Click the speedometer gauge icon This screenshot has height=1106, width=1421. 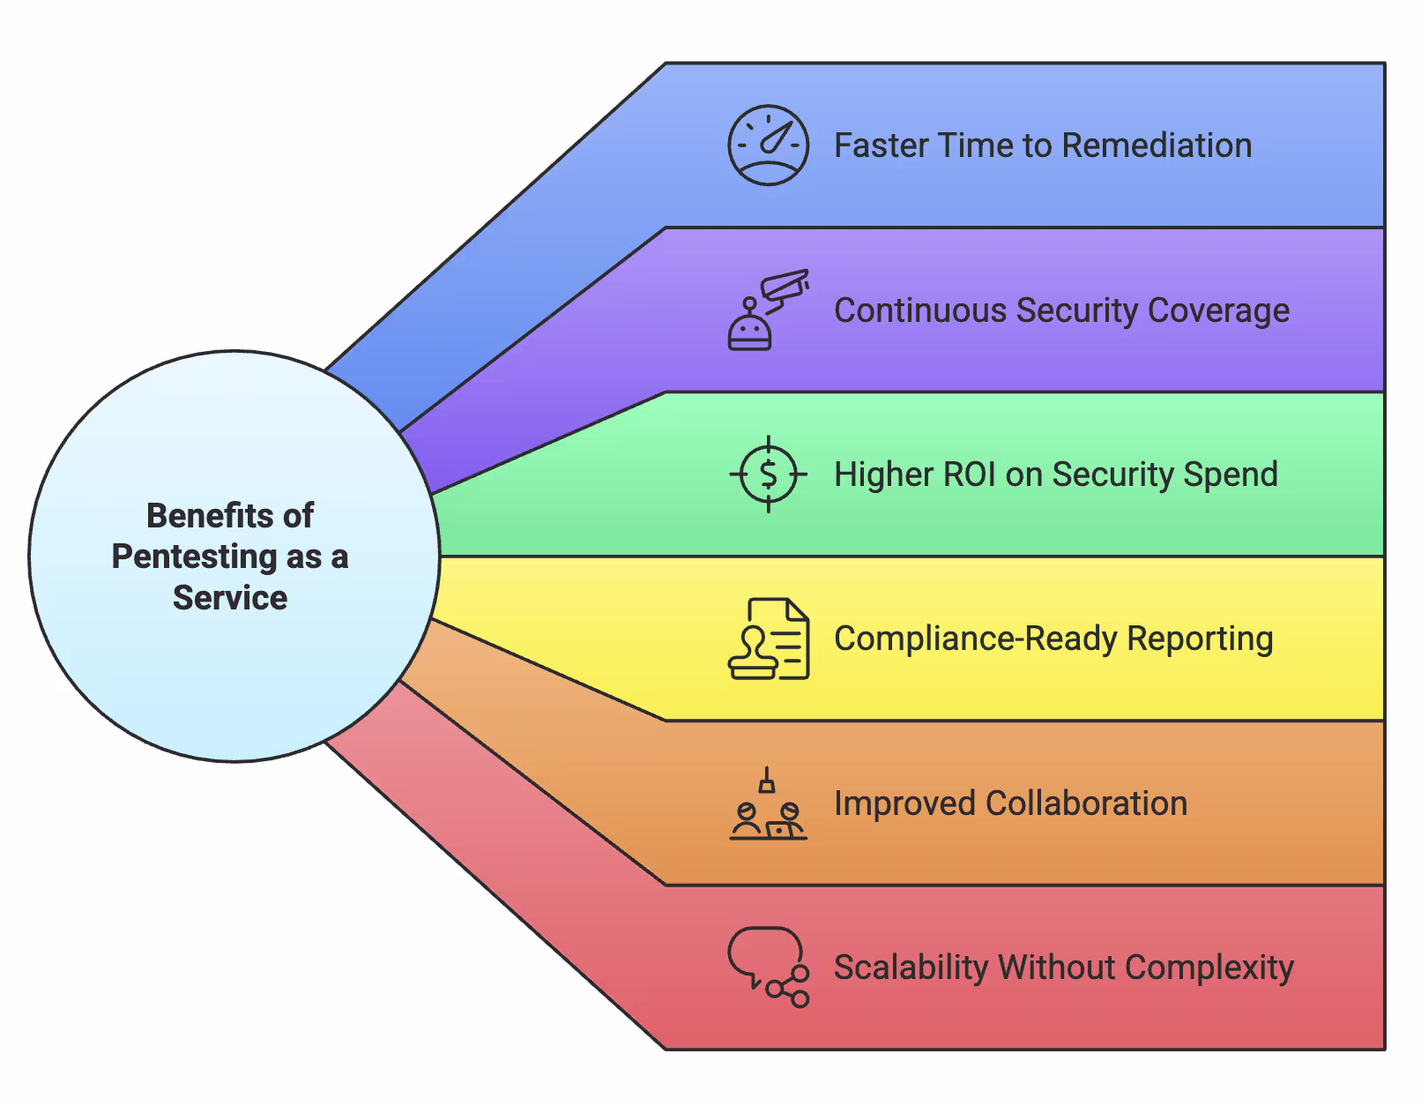pos(768,146)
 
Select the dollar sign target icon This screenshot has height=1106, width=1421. pos(768,475)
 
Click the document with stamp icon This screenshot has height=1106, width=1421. pos(768,639)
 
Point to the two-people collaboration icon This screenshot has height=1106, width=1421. pos(768,804)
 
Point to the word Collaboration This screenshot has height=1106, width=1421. pos(1086,803)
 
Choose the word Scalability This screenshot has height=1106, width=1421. pos(911,968)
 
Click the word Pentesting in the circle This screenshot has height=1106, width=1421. pos(195,557)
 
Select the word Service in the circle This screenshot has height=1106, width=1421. pos(230,598)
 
